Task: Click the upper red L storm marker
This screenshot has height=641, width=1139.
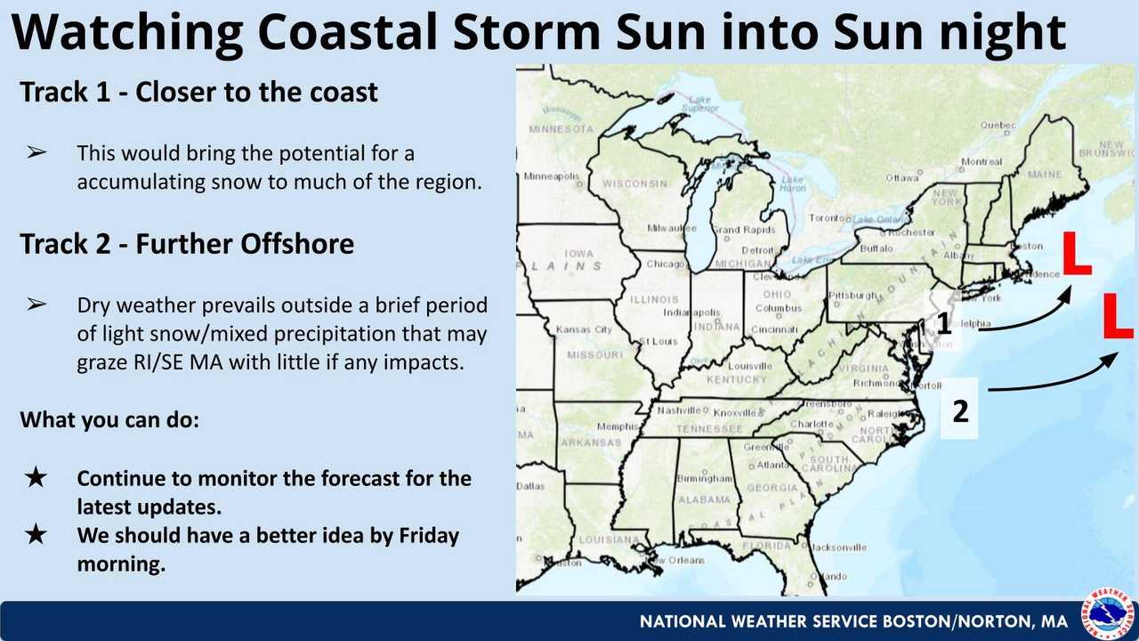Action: (x=1076, y=255)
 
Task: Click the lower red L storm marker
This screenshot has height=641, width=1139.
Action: (x=1118, y=317)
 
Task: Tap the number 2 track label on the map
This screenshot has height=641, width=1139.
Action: (x=960, y=411)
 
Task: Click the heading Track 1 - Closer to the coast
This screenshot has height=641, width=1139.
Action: (x=199, y=92)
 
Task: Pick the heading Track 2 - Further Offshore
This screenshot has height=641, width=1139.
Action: (x=187, y=244)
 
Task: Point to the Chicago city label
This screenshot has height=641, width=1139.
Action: (x=666, y=264)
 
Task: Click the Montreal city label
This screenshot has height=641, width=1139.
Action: (x=981, y=162)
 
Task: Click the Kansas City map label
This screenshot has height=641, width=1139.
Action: (x=585, y=330)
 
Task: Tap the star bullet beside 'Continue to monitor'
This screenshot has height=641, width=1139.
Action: (x=36, y=479)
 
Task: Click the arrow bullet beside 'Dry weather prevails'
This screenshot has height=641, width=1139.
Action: (x=36, y=305)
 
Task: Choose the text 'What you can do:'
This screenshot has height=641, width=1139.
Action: (x=109, y=418)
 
